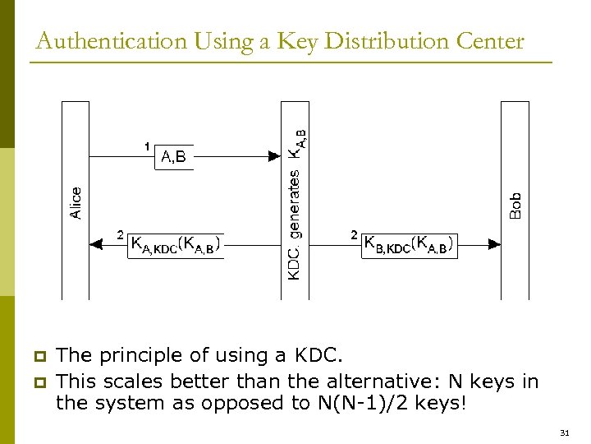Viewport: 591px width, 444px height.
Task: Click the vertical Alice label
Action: tap(76, 202)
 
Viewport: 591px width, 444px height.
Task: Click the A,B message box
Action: tap(174, 156)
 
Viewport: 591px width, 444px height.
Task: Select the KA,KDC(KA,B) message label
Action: tap(175, 244)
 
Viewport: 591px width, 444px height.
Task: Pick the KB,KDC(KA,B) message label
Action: tap(409, 244)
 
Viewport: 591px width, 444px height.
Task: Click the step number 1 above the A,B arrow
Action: tap(147, 146)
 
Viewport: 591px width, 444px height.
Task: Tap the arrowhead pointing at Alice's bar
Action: tap(95, 243)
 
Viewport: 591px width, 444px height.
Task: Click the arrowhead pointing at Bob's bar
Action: tap(494, 243)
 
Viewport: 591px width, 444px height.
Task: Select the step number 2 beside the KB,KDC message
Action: tap(354, 235)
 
